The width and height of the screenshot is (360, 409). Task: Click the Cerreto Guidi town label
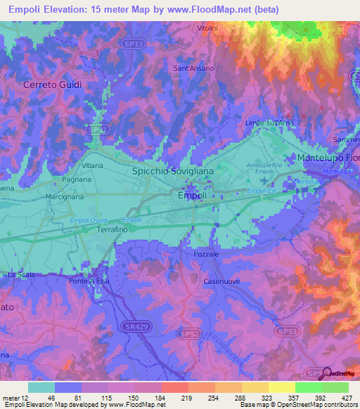(x=53, y=84)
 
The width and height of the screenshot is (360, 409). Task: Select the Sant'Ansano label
(x=193, y=68)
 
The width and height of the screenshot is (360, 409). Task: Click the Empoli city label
(x=193, y=195)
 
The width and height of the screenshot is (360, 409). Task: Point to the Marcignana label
(x=67, y=197)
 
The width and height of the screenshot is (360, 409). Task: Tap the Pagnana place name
(x=77, y=180)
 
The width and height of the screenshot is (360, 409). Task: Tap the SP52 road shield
(x=188, y=334)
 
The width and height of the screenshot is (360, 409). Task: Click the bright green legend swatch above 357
(x=308, y=387)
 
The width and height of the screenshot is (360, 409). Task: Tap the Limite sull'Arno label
(x=270, y=123)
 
